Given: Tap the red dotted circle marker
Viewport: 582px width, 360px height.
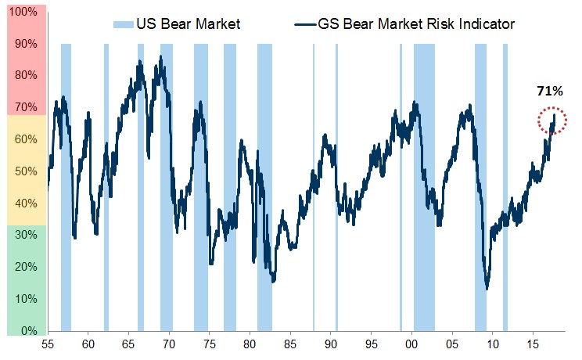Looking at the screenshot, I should pyautogui.click(x=552, y=121).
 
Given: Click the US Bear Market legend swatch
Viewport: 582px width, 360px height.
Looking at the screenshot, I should pyautogui.click(x=124, y=24).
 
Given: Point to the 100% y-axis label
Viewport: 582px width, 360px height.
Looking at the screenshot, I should pyautogui.click(x=23, y=13).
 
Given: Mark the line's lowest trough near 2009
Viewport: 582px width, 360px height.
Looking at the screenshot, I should pyautogui.click(x=487, y=289).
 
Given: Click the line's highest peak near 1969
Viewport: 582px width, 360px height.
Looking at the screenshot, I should pyautogui.click(x=161, y=57).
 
